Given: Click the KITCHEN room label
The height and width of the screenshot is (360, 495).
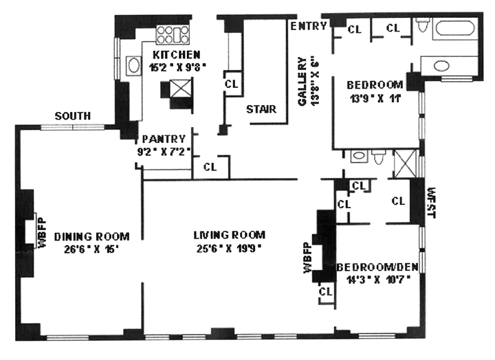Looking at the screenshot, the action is (177, 55).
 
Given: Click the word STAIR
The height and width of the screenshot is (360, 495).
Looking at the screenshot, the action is (261, 109).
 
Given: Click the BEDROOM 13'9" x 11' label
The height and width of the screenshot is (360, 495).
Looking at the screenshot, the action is (375, 85).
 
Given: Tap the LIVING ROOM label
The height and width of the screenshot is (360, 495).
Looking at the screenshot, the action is (229, 234).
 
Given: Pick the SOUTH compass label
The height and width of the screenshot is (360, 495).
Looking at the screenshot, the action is (72, 116).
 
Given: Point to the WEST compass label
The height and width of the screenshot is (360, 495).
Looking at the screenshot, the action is (432, 201).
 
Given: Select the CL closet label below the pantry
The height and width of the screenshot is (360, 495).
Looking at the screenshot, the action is (210, 166).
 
